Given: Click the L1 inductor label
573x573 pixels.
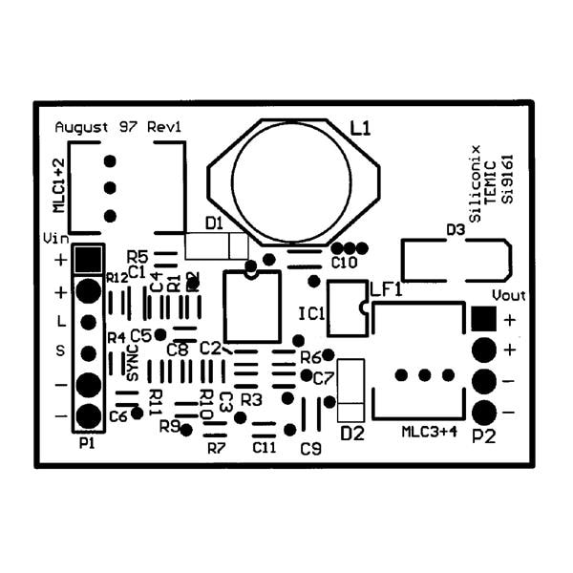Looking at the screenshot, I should tap(362, 127).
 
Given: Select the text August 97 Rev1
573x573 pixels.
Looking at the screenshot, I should tap(117, 126).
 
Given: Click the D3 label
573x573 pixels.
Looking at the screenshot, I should tap(456, 230).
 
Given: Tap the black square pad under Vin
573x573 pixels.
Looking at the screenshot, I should tap(89, 258).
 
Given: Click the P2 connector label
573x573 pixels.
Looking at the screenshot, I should tap(484, 437).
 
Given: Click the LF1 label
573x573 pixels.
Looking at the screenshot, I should tap(385, 289).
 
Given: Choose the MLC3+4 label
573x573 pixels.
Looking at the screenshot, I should tap(430, 432).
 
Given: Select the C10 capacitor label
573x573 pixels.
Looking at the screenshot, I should tap(344, 262).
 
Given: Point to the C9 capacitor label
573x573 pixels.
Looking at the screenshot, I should tap(310, 448).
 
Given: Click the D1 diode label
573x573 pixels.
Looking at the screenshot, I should tap(214, 223).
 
